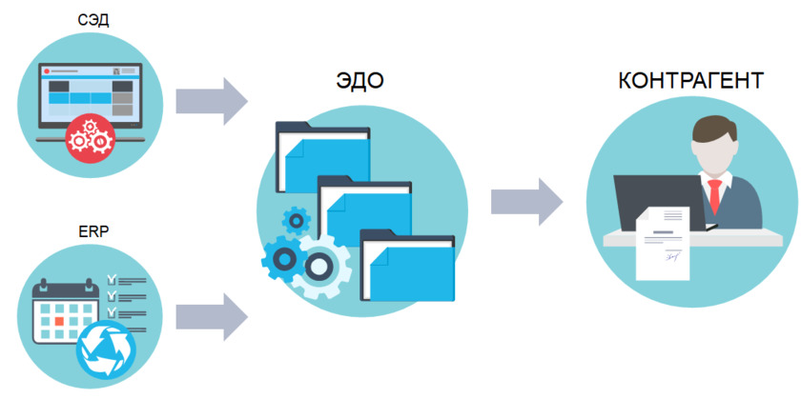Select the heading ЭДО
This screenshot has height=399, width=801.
click(x=360, y=80)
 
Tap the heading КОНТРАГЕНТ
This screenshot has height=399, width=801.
click(x=690, y=80)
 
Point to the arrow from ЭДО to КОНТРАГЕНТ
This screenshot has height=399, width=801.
click(x=526, y=201)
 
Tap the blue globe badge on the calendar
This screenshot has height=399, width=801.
click(x=107, y=348)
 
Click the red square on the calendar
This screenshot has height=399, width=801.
click(x=59, y=321)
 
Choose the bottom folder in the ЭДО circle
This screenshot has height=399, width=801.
click(x=407, y=264)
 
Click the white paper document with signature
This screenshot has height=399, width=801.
click(x=662, y=243)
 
